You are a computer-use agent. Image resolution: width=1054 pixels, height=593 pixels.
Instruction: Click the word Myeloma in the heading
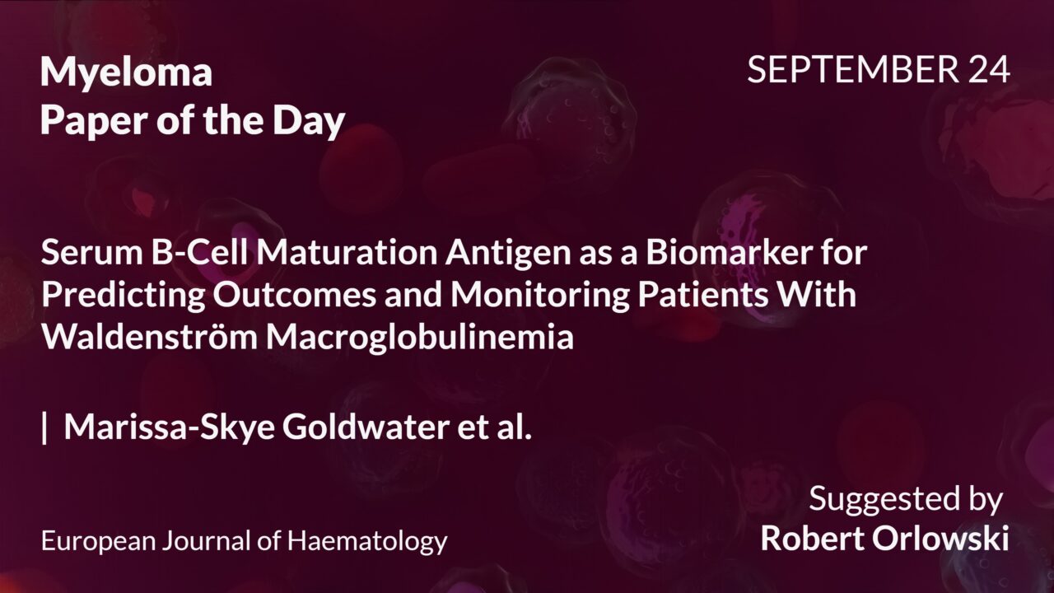[x=126, y=74]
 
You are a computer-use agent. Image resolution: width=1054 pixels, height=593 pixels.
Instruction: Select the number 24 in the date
[x=989, y=71]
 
